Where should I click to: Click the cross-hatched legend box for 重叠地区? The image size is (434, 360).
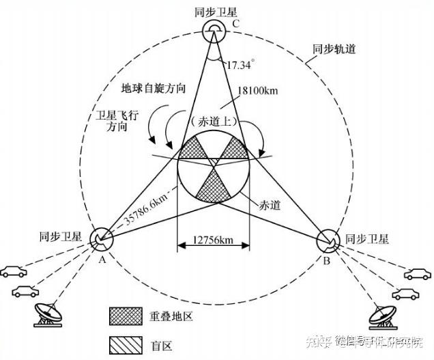click(x=123, y=315)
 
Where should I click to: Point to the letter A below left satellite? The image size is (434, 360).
click(x=102, y=260)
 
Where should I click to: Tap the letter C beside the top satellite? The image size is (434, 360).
click(x=235, y=25)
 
